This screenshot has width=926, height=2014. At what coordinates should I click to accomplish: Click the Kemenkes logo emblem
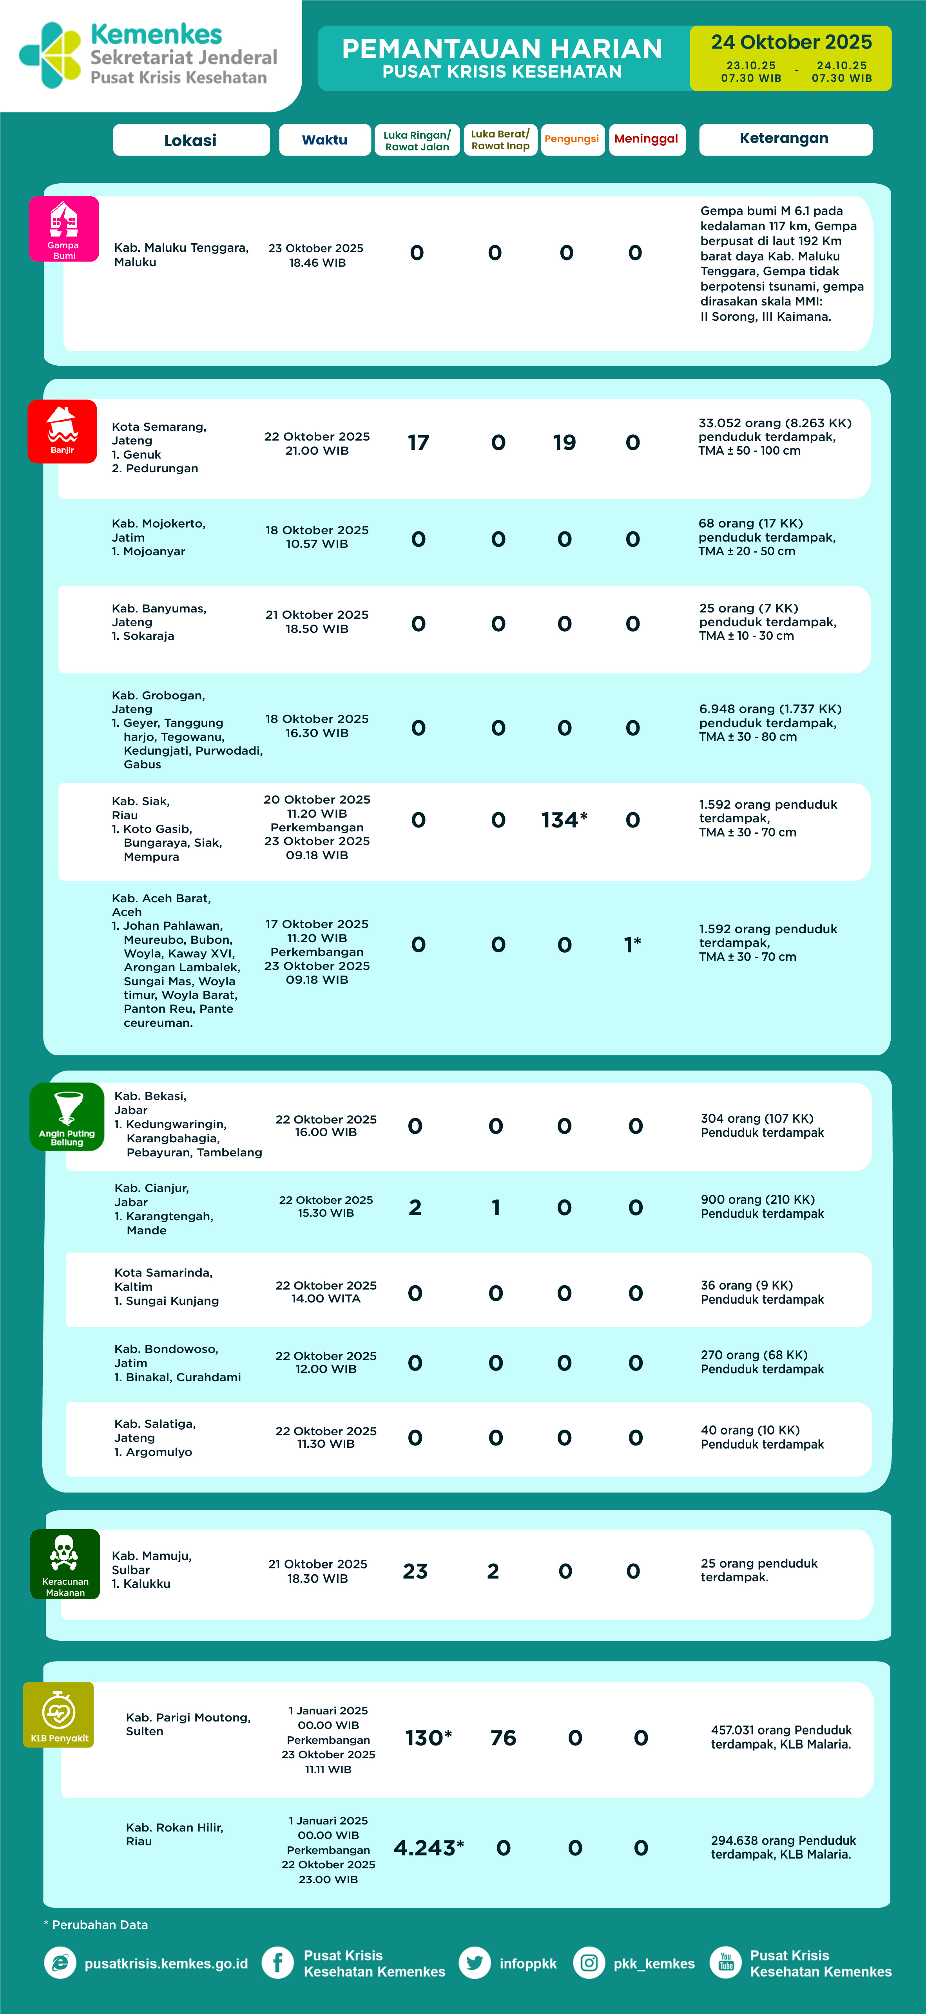click(x=50, y=55)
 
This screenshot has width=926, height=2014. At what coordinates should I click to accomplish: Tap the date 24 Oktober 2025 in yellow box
click(x=791, y=42)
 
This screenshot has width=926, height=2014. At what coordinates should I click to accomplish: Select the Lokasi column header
click(x=191, y=140)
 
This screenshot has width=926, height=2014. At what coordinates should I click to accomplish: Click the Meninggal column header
click(x=646, y=139)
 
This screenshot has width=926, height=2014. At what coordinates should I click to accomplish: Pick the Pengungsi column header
click(x=572, y=139)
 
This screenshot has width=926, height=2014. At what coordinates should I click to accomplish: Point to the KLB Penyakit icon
click(x=59, y=1714)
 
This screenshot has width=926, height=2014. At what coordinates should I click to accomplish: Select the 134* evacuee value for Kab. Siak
click(x=564, y=820)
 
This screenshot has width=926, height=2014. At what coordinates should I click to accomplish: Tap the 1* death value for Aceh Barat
click(x=633, y=945)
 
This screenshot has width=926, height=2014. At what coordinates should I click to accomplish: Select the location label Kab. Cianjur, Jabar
click(x=152, y=1195)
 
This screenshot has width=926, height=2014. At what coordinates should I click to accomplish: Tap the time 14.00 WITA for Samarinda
click(x=325, y=1299)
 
